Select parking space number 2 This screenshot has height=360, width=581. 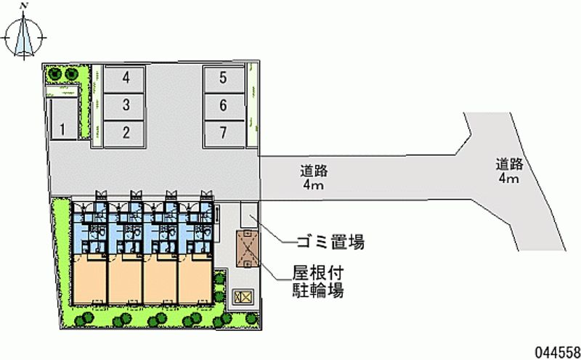click(x=126, y=132)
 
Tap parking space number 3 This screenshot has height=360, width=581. click(x=126, y=105)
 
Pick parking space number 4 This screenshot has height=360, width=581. click(x=126, y=78)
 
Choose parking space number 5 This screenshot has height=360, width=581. click(x=224, y=78)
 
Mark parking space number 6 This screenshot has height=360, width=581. click(x=224, y=105)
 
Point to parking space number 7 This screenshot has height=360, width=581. click(x=224, y=132)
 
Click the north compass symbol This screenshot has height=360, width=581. click(x=26, y=36)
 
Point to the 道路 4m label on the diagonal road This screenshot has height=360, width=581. click(x=508, y=171)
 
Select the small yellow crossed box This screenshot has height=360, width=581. click(x=243, y=296)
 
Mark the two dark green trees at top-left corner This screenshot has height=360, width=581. click(x=62, y=73)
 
